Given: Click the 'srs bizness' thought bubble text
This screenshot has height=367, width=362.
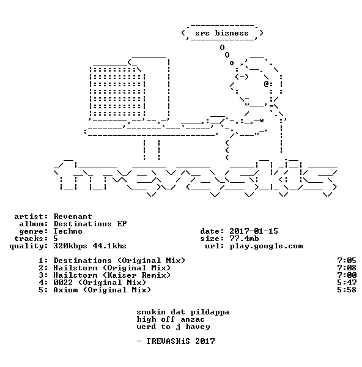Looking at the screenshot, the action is pos(222,33).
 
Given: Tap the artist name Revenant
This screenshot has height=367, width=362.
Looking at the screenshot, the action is pos(73,217).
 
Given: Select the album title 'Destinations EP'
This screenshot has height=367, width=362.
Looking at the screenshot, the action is pos(90,224).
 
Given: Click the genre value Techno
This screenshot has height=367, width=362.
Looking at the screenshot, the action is pos(68,231).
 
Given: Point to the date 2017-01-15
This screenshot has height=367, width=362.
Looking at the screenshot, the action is pos(254,231).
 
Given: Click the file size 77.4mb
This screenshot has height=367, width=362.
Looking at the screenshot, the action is pos(244,239).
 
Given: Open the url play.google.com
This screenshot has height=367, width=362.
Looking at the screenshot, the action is pos(266,246).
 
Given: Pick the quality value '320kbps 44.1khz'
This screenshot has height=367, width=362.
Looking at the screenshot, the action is pos(90,246).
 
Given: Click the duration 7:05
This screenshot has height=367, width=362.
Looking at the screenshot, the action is pos(347,261).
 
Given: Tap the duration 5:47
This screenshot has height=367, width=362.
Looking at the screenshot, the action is pos(347,283).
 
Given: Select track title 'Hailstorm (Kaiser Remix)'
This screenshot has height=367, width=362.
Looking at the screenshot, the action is pos(112,275).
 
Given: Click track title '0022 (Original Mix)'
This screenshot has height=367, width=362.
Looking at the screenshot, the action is pos(100,283).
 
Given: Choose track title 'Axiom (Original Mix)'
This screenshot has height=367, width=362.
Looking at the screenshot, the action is pos(102,290).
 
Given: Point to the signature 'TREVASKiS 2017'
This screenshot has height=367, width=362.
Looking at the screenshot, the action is pos(180,341).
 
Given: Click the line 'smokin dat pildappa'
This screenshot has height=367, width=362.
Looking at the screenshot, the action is pos(183,312).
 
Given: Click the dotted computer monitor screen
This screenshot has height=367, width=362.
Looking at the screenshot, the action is pos(117,92).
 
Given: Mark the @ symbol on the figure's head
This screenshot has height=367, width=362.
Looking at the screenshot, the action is pos(266,84).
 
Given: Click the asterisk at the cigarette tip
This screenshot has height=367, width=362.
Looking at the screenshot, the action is pos(262,120).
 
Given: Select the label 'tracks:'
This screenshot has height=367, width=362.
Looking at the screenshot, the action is pos(31,239).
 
